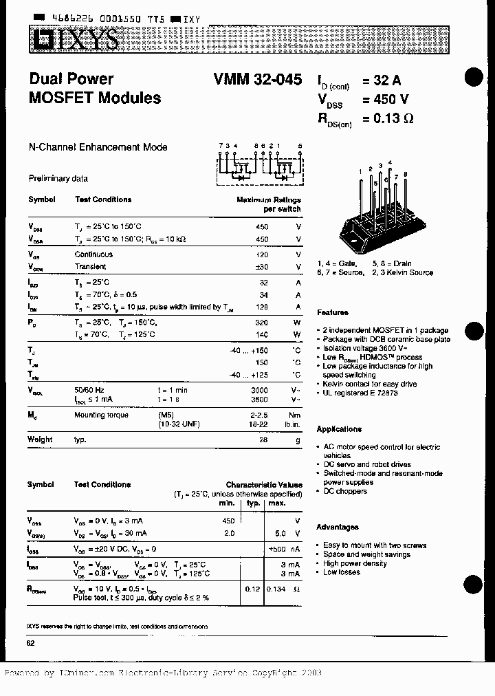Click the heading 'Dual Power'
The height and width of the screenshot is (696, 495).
[71, 79]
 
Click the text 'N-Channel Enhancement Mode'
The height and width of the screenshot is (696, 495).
[98, 147]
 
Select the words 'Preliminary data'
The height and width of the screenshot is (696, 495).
[58, 178]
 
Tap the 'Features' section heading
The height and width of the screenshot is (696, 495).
[333, 312]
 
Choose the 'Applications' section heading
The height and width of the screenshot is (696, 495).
[339, 429]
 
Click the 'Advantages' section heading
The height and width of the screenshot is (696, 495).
[337, 528]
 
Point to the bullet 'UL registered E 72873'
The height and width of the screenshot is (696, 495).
[360, 393]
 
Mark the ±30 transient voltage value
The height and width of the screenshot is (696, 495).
[261, 267]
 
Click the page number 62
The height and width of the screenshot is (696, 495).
[31, 643]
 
